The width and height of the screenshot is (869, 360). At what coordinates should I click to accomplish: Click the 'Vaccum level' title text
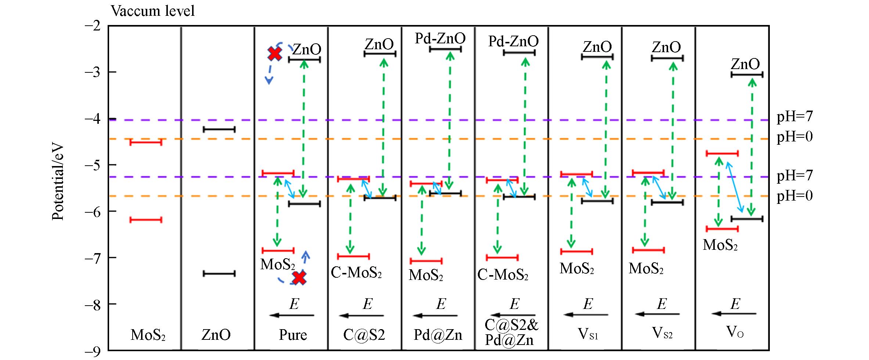pyautogui.click(x=153, y=11)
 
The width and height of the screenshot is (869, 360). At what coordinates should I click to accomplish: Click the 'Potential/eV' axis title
pyautogui.click(x=58, y=182)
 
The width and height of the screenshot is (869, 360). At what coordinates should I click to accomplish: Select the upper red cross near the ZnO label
pyautogui.click(x=275, y=54)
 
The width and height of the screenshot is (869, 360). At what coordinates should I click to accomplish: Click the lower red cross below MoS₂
pyautogui.click(x=299, y=278)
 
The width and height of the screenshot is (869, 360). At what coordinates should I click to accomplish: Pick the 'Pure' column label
pyautogui.click(x=293, y=335)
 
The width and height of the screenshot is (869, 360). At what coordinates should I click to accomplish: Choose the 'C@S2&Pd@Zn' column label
pyautogui.click(x=511, y=332)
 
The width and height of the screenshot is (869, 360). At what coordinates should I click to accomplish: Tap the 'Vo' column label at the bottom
pyautogui.click(x=735, y=332)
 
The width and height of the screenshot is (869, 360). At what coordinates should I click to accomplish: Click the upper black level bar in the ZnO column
pyautogui.click(x=219, y=129)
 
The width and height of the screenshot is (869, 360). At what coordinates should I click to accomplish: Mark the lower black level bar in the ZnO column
pyautogui.click(x=219, y=274)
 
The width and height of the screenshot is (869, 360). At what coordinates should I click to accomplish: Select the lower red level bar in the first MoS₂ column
pyautogui.click(x=146, y=220)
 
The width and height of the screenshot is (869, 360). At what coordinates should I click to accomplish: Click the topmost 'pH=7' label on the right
pyautogui.click(x=794, y=117)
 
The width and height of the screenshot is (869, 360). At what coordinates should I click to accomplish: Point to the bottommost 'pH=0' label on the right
pyautogui.click(x=794, y=196)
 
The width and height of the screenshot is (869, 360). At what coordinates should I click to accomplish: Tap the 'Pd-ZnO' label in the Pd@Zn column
pyautogui.click(x=440, y=38)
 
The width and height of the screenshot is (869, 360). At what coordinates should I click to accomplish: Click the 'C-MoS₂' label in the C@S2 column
pyautogui.click(x=356, y=273)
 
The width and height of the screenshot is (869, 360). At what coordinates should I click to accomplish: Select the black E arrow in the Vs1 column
pyautogui.click(x=586, y=315)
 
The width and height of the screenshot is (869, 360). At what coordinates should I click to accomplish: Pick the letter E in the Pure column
pyautogui.click(x=294, y=304)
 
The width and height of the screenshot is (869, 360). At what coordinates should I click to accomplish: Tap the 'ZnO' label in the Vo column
pyautogui.click(x=745, y=64)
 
